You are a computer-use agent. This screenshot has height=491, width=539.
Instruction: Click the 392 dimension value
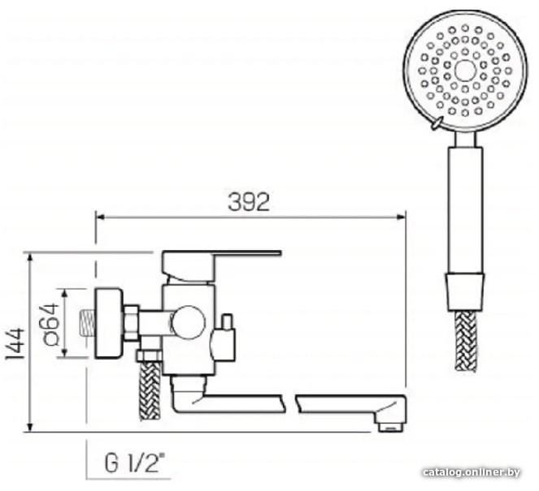point(249,202)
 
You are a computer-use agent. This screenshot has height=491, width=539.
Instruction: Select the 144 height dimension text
point(15,343)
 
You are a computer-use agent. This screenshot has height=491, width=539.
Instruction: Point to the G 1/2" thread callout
point(134,463)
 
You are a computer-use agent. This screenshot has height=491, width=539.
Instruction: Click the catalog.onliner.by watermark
point(472,472)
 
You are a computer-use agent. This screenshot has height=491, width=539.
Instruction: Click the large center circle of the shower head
point(465,71)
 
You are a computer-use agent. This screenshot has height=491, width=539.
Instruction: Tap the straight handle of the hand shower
point(465,210)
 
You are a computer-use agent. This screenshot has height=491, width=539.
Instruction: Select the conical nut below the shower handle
point(465,292)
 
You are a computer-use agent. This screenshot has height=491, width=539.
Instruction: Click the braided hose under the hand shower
point(466,341)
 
